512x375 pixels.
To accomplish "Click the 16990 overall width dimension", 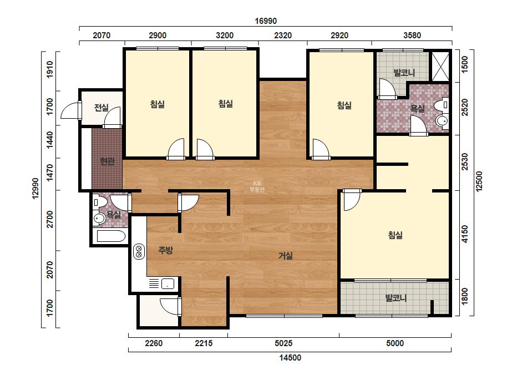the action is [266, 21].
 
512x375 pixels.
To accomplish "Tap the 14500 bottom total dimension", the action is [290, 358].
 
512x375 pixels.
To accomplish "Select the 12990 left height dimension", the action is [36, 188].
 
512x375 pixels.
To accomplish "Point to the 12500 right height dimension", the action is [479, 181].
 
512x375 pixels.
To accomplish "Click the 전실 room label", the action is [101, 107].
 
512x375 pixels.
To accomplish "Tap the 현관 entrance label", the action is [107, 161].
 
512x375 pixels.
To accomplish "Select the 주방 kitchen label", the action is [165, 250].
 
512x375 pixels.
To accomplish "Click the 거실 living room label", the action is [285, 256].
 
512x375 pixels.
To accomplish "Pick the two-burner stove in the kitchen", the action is [139, 251].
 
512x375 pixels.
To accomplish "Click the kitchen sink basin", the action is [168, 283].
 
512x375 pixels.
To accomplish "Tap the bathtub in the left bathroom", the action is [111, 236].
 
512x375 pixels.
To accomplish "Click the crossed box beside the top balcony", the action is [440, 67].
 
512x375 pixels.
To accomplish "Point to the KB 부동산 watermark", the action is [257, 186].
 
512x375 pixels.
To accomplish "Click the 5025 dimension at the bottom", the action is [283, 343].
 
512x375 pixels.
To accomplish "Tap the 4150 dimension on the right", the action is [465, 234].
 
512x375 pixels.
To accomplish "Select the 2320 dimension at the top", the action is [283, 36].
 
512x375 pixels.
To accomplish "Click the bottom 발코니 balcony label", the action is [396, 298].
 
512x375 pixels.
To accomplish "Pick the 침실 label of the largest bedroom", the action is [395, 235].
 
